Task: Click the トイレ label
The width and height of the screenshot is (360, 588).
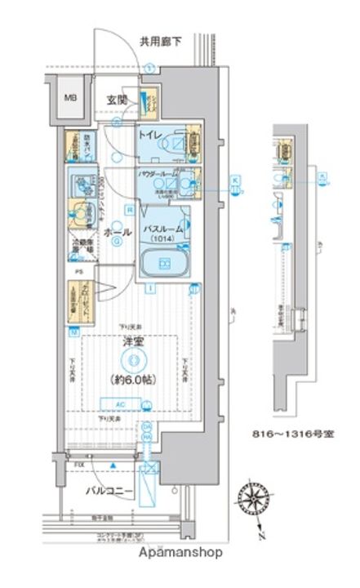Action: tap(148, 133)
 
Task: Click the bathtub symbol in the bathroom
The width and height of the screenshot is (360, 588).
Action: tap(164, 263)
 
